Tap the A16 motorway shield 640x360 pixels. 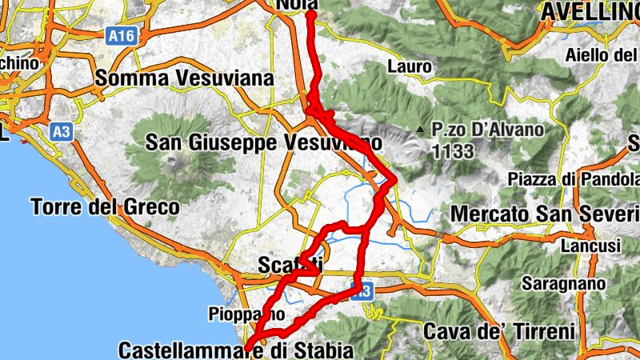[x=117, y=35]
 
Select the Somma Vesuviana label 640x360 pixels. [x=184, y=78]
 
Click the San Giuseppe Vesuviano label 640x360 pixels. [x=262, y=142]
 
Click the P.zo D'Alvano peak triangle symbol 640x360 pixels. [x=419, y=129]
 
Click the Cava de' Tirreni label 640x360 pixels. [x=499, y=330]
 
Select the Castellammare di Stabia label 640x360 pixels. [x=235, y=350]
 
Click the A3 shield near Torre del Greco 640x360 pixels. [x=61, y=131]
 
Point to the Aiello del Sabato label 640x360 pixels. [x=601, y=54]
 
